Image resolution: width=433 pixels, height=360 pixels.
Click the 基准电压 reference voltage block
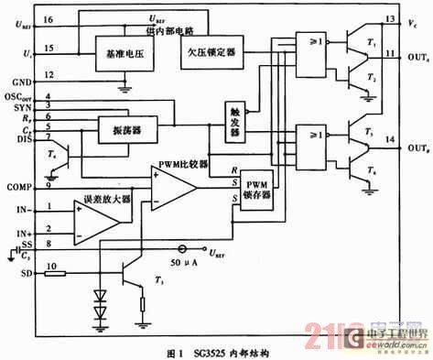120,58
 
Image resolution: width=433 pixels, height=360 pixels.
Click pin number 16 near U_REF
48,19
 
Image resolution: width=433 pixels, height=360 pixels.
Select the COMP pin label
20,187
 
